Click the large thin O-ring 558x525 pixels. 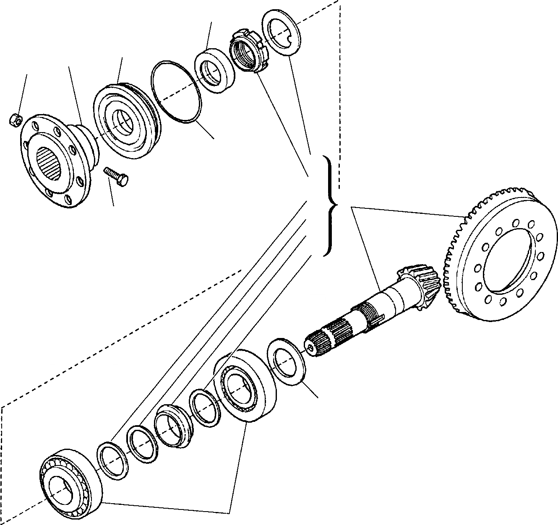pyautogui.click(x=177, y=91)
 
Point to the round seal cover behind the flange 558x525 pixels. pyautogui.click(x=126, y=121)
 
